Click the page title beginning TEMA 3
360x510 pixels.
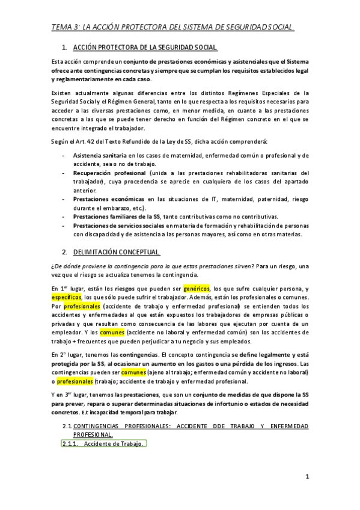172,27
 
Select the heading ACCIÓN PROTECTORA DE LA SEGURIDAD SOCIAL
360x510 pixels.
145,48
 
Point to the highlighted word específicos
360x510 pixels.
66,297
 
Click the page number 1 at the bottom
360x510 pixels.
307,478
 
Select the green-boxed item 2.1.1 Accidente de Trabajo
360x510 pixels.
103,444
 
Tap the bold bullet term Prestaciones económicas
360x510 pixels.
103,199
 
